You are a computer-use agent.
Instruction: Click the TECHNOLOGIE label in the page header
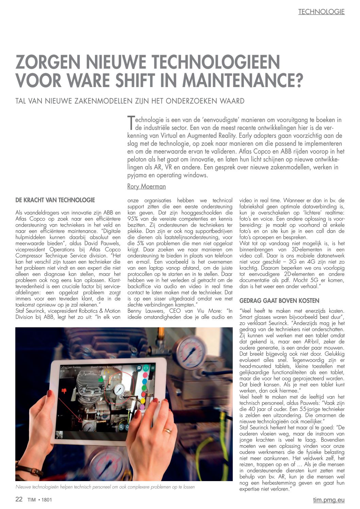(x=321, y=12)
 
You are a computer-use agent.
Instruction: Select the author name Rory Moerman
(x=146, y=186)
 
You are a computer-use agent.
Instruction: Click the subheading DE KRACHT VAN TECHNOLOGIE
(x=55, y=200)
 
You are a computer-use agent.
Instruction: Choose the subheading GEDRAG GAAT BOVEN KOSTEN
(x=279, y=301)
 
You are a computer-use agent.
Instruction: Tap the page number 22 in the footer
(x=19, y=499)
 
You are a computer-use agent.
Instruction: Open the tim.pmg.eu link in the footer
(x=329, y=500)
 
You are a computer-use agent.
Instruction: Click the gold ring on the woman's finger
(x=167, y=430)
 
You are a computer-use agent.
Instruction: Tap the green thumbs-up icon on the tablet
(x=100, y=379)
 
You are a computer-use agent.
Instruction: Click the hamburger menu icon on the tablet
(x=153, y=368)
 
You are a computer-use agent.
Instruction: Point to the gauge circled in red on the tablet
(x=119, y=390)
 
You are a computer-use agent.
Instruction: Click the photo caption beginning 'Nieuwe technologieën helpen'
(x=105, y=487)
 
